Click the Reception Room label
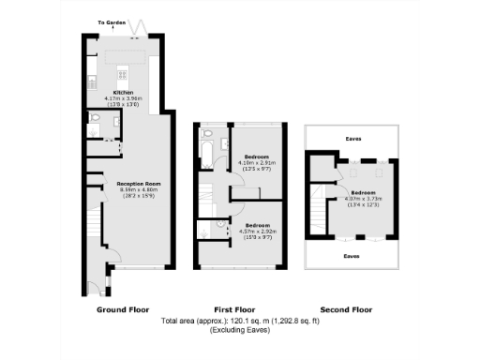point(140,184)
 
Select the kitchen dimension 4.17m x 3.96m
point(121,97)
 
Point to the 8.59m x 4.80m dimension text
point(140,190)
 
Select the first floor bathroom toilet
point(225,142)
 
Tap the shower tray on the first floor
point(206,229)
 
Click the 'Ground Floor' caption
point(123,308)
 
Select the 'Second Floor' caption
point(346,308)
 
